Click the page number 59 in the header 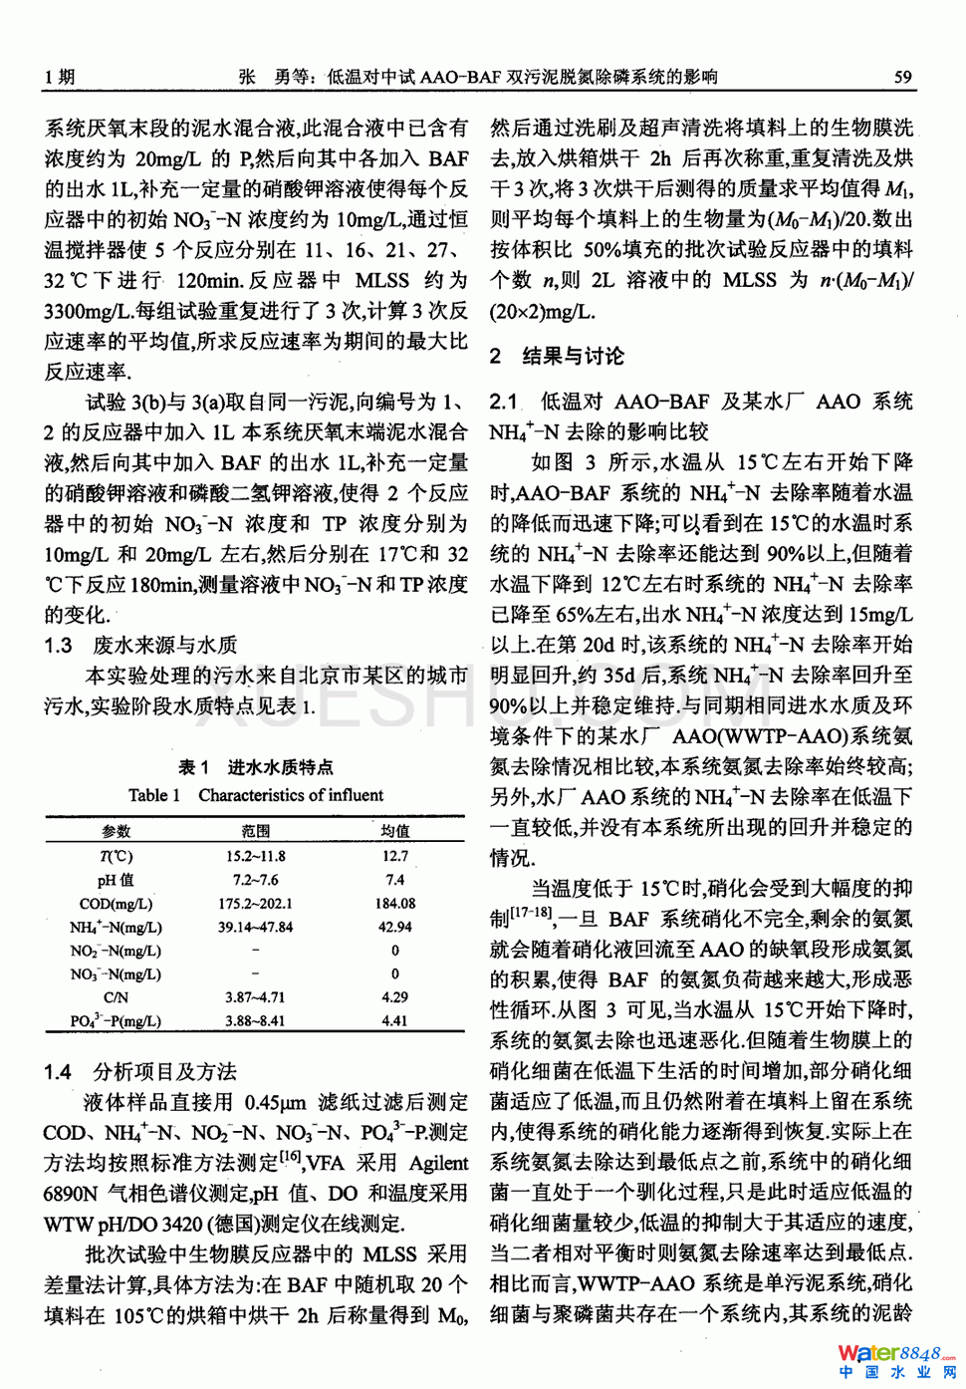pos(902,77)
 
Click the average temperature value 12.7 pos(394,856)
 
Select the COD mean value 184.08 pos(394,904)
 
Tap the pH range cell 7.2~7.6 pos(255,880)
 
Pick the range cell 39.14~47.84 pos(255,927)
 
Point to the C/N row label pos(116,997)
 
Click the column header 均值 pos(394,831)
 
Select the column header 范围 pos(255,831)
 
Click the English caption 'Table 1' pos(154,795)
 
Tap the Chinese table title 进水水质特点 pos(280,767)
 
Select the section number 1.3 pos(58,646)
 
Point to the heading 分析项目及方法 pos(164,1072)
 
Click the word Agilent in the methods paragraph pos(438,1163)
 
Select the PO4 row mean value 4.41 pos(394,1021)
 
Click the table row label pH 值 pos(116,880)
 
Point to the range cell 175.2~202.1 pos(255,904)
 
